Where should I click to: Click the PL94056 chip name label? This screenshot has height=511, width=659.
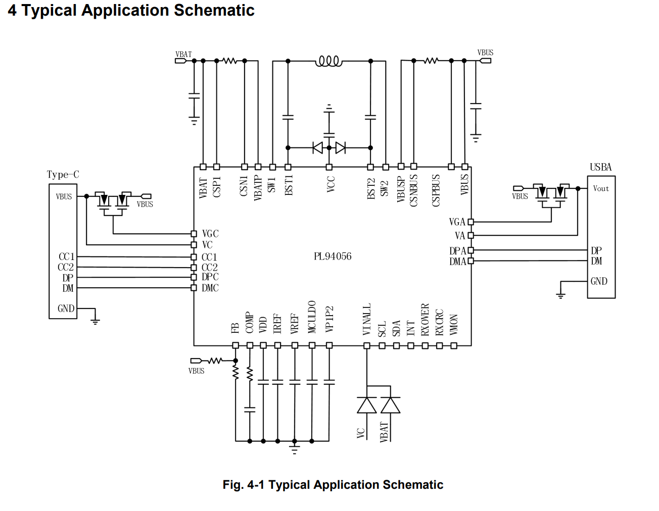(333, 256)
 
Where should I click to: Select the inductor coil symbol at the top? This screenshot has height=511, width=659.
(328, 62)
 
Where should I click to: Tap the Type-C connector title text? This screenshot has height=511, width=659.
(63, 175)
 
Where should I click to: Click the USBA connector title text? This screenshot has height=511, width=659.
(600, 167)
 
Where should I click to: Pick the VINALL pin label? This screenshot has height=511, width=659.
(367, 319)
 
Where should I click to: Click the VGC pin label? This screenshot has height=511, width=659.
(210, 234)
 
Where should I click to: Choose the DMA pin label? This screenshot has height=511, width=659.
(457, 262)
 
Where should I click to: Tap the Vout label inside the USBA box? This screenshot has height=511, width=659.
(601, 188)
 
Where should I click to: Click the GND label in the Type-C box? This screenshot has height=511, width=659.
(66, 309)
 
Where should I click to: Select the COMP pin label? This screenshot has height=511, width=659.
(250, 322)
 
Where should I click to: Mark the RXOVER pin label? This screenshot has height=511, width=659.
(425, 320)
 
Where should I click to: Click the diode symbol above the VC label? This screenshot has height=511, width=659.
(367, 405)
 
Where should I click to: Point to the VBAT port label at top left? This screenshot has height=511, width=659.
(183, 54)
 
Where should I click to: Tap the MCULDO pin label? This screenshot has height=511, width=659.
(312, 317)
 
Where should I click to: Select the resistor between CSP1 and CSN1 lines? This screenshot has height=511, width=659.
(230, 61)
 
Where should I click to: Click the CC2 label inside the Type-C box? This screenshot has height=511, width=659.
(66, 268)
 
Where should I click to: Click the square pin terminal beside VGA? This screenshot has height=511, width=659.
(470, 222)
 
